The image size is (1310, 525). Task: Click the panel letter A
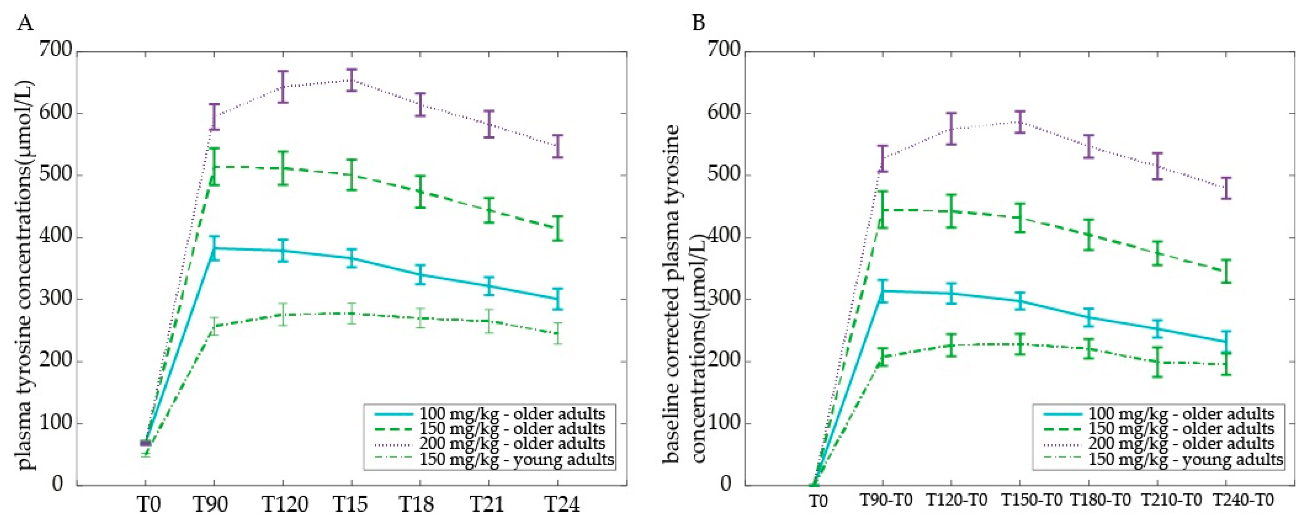click(x=25, y=23)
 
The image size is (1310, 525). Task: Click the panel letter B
click(x=699, y=23)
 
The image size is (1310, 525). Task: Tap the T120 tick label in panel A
click(x=285, y=504)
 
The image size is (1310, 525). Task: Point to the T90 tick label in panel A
click(x=211, y=504)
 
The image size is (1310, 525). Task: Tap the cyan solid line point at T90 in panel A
click(x=214, y=248)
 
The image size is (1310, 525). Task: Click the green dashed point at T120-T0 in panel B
click(x=951, y=211)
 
